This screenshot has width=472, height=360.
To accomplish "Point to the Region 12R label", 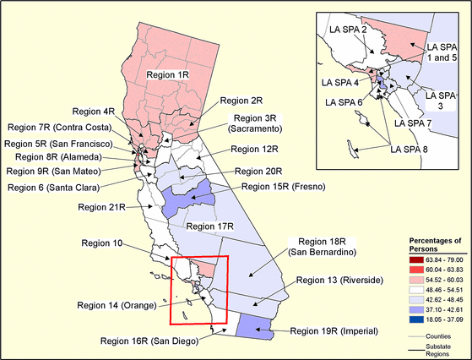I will click(254, 149).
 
